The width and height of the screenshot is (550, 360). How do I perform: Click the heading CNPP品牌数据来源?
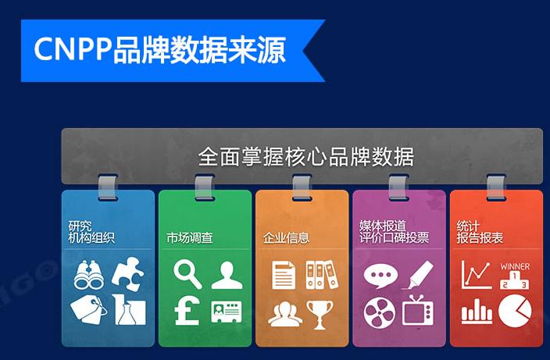[159, 49]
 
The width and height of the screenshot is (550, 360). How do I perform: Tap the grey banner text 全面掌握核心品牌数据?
[305, 156]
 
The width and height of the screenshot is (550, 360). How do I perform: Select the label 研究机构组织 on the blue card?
[91, 232]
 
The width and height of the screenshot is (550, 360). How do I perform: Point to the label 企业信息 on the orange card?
[286, 237]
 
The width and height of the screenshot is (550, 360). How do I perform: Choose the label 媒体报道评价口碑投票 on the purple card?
[394, 232]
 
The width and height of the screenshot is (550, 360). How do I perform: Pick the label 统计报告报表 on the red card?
[480, 232]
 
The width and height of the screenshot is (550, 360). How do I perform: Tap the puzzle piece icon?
[127, 273]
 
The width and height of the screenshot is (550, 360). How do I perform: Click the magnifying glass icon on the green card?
[187, 274]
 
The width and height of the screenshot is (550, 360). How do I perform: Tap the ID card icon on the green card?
[226, 312]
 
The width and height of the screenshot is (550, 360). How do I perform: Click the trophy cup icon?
[320, 313]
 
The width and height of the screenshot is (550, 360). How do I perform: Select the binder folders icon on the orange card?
[320, 275]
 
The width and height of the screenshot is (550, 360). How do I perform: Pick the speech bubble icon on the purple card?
[380, 276]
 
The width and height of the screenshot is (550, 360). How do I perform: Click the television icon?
[417, 311]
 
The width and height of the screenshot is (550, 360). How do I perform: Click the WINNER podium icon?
[514, 276]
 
